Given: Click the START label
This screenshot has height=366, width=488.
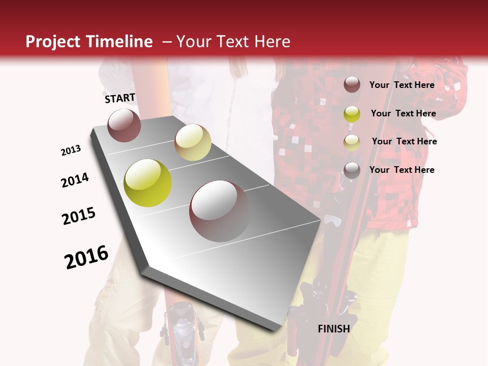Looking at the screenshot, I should click(x=120, y=98).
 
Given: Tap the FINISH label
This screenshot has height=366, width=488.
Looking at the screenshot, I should click(x=334, y=329).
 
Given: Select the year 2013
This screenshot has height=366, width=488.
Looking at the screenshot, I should click(x=71, y=150).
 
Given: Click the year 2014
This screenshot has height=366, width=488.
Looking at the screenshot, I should click(x=75, y=180).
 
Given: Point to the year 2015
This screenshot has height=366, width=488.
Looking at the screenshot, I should click(x=79, y=216).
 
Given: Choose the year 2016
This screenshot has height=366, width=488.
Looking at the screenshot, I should click(x=86, y=257).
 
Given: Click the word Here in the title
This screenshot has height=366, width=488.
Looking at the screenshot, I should click(x=272, y=42).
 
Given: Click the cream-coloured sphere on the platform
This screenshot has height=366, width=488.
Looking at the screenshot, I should click(x=193, y=142).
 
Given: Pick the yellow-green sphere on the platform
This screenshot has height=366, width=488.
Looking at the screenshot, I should click(x=148, y=183).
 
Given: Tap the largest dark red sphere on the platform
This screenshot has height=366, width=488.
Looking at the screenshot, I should click(x=220, y=211).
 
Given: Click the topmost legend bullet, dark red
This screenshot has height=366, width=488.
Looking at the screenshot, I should click(x=352, y=85).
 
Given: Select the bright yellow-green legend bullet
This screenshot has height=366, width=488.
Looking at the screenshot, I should click(x=352, y=113).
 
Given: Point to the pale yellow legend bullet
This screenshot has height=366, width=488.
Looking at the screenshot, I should click(x=352, y=142).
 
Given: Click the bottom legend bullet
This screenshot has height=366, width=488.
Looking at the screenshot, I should click(x=352, y=170).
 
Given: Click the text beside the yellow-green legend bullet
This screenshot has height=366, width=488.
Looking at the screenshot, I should click(x=403, y=113).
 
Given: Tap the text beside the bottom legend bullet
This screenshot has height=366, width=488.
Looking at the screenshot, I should click(x=402, y=170).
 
